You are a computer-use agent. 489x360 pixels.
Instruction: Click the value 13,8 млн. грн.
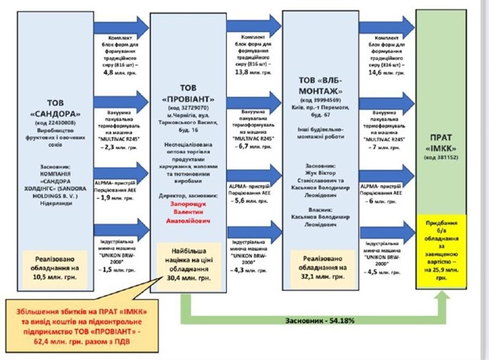(x=255, y=71)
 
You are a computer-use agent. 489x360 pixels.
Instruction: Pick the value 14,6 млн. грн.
(x=386, y=71)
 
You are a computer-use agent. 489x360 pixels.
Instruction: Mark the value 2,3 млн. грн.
(x=123, y=148)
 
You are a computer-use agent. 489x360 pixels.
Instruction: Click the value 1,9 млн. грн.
(x=123, y=197)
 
